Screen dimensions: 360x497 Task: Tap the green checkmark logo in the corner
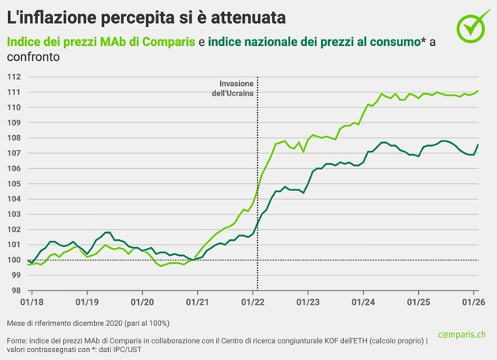[x=472, y=27]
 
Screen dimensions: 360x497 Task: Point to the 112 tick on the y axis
[x=13, y=77]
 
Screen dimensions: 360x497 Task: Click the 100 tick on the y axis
[x=13, y=260]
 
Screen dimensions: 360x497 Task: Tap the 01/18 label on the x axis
[x=32, y=302]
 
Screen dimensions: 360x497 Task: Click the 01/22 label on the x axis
[x=252, y=302]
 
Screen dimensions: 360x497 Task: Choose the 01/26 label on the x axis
[x=473, y=302]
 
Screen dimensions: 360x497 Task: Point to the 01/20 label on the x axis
[x=142, y=302]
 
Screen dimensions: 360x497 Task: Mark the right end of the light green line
[x=478, y=91]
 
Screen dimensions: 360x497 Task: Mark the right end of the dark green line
[x=478, y=144]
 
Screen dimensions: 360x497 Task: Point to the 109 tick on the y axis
[x=13, y=122]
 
